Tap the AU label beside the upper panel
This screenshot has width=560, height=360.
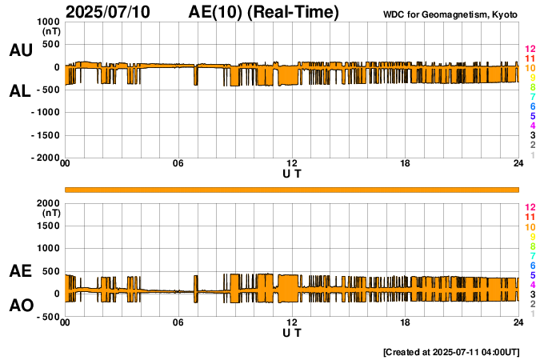20,50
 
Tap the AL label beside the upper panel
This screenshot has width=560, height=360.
20,91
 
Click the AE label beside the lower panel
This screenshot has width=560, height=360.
20,272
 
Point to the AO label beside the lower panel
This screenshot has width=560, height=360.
20,306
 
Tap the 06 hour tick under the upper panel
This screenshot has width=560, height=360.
178,164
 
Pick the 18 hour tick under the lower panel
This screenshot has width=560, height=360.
406,322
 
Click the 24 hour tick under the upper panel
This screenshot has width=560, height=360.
518,164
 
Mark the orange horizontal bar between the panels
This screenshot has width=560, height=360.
292,189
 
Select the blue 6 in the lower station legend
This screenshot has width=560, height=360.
532,265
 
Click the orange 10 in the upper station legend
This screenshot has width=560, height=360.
530,68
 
